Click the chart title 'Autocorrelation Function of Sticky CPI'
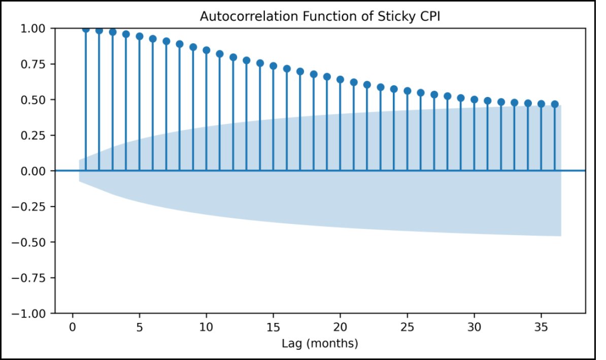[x=320, y=16]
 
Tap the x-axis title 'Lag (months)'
[x=320, y=343]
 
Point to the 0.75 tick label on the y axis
[x=33, y=64]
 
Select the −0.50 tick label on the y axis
[x=28, y=242]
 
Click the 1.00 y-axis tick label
[x=33, y=28]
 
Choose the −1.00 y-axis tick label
[x=28, y=314]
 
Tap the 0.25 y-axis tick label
[x=33, y=136]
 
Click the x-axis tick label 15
[x=273, y=327]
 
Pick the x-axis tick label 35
[x=541, y=327]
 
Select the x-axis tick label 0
[x=72, y=327]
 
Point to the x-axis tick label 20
[x=340, y=327]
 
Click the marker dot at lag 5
[x=140, y=37]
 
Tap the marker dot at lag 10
[x=207, y=50]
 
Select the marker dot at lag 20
[x=340, y=80]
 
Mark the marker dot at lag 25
[x=408, y=91]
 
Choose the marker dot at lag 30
[x=474, y=100]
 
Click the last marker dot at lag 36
[x=555, y=104]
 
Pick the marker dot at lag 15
[x=273, y=66]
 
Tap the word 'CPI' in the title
[x=429, y=16]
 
